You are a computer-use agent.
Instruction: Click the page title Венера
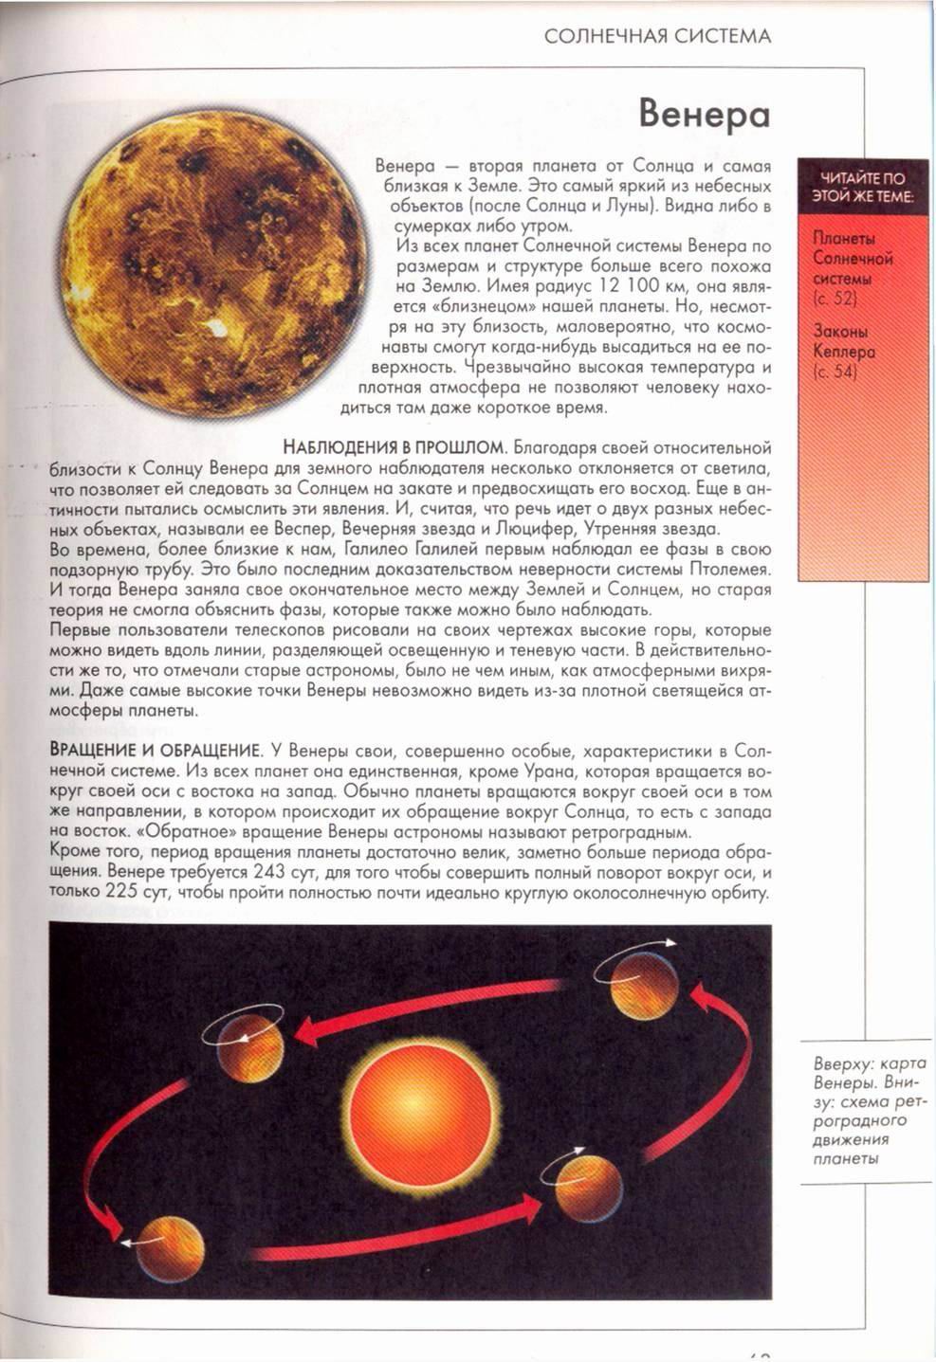704,114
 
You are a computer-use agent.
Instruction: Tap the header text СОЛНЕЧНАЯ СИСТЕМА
657,37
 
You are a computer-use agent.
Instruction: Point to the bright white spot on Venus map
216,333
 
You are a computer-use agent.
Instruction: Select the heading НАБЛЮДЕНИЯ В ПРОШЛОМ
393,447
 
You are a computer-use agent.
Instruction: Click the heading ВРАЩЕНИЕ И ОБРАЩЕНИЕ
155,750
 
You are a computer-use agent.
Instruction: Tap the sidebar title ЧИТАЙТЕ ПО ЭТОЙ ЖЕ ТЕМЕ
862,187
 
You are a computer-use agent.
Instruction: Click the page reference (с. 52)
835,300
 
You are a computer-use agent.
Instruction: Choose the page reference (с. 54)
835,372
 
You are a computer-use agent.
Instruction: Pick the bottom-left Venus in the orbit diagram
170,1249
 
